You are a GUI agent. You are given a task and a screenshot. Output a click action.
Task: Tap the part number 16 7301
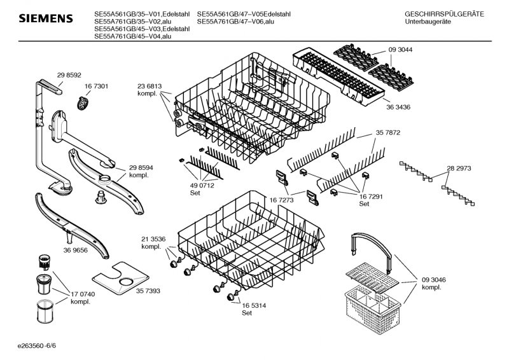coord(97,86)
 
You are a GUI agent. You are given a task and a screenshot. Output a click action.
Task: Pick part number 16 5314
coord(253,306)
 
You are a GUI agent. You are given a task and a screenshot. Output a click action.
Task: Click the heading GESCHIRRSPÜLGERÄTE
coord(443,14)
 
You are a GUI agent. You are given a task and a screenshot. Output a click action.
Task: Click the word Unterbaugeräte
coord(428,22)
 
